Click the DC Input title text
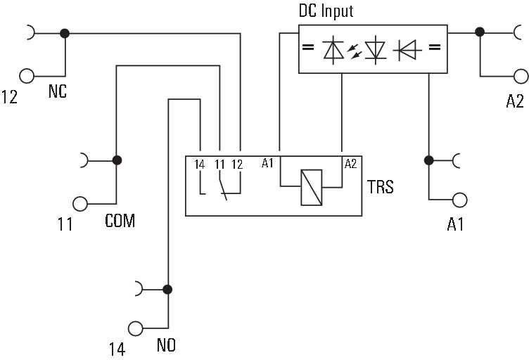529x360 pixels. (x=326, y=11)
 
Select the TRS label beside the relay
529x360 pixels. (x=380, y=187)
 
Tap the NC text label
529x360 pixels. (x=58, y=91)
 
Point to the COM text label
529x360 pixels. (x=120, y=221)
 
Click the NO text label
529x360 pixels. (x=167, y=345)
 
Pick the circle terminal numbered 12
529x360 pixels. (x=27, y=75)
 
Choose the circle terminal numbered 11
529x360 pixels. (x=81, y=204)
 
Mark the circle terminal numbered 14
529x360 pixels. (x=134, y=328)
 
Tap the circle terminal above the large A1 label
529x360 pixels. (x=460, y=200)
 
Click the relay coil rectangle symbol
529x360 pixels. (x=311, y=187)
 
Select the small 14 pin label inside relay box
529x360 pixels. (x=200, y=165)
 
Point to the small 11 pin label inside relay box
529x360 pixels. (x=219, y=165)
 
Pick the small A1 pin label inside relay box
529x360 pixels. (x=267, y=164)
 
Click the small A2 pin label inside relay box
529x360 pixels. (x=350, y=164)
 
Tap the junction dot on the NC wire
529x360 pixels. (x=65, y=33)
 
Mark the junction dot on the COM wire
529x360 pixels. (x=117, y=160)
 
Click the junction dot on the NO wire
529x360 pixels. (x=167, y=288)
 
